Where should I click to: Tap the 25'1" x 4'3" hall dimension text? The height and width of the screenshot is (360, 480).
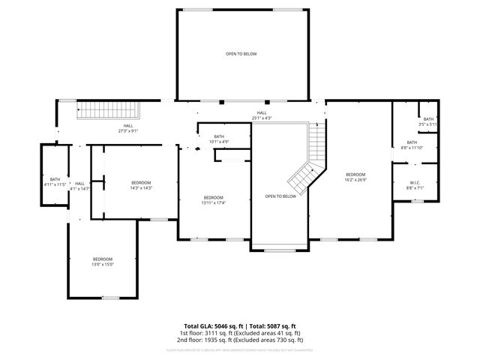pyautogui.click(x=262, y=118)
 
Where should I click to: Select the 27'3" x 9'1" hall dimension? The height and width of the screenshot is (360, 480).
pyautogui.click(x=128, y=131)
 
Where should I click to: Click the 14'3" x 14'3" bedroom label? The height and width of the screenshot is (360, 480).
pyautogui.click(x=141, y=186)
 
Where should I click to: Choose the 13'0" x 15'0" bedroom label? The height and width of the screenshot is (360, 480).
pyautogui.click(x=102, y=262)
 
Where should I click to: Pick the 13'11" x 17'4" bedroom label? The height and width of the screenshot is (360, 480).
pyautogui.click(x=213, y=200)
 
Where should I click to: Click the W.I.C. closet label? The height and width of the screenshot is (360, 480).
pyautogui.click(x=415, y=184)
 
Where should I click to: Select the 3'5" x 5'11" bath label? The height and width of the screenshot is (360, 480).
pyautogui.click(x=428, y=121)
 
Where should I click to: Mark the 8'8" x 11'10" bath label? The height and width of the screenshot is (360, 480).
pyautogui.click(x=412, y=145)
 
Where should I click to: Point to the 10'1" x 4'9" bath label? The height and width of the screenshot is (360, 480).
pyautogui.click(x=218, y=139)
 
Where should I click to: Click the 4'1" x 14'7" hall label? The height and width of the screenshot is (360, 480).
pyautogui.click(x=79, y=186)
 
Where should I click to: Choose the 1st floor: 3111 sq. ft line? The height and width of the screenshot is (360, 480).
pyautogui.click(x=239, y=334)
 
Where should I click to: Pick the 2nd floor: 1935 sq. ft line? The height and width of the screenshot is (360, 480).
pyautogui.click(x=239, y=340)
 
